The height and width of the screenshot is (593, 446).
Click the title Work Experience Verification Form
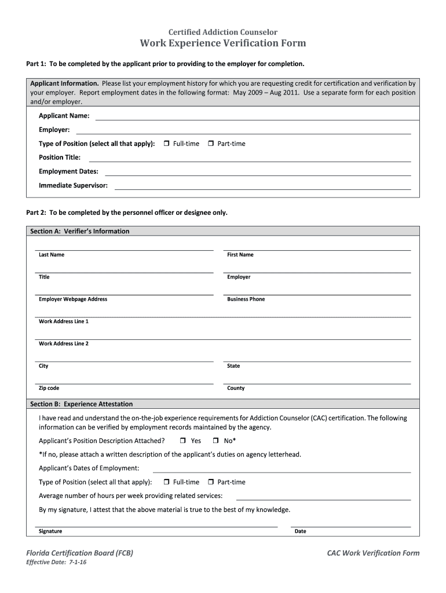tap(222, 43)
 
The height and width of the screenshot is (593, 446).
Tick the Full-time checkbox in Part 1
tap(166, 144)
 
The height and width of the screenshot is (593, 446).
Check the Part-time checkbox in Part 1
tap(211, 144)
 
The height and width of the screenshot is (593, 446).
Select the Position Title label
tap(60, 158)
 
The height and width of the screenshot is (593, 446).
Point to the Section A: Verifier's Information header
tap(80, 231)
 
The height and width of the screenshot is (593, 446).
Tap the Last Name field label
tap(52, 255)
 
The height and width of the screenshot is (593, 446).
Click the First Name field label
tap(240, 255)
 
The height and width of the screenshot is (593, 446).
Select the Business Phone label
tap(246, 299)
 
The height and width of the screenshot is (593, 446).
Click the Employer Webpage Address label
tap(73, 299)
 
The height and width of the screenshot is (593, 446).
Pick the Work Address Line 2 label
tap(64, 344)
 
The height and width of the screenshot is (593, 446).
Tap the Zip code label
tap(49, 389)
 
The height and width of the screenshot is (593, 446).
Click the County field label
tap(236, 389)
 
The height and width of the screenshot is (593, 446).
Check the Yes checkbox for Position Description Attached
tap(182, 441)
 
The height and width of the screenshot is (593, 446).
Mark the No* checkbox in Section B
tap(215, 441)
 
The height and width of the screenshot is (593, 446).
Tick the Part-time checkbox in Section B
tap(211, 482)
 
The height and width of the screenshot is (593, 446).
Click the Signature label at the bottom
tap(50, 532)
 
